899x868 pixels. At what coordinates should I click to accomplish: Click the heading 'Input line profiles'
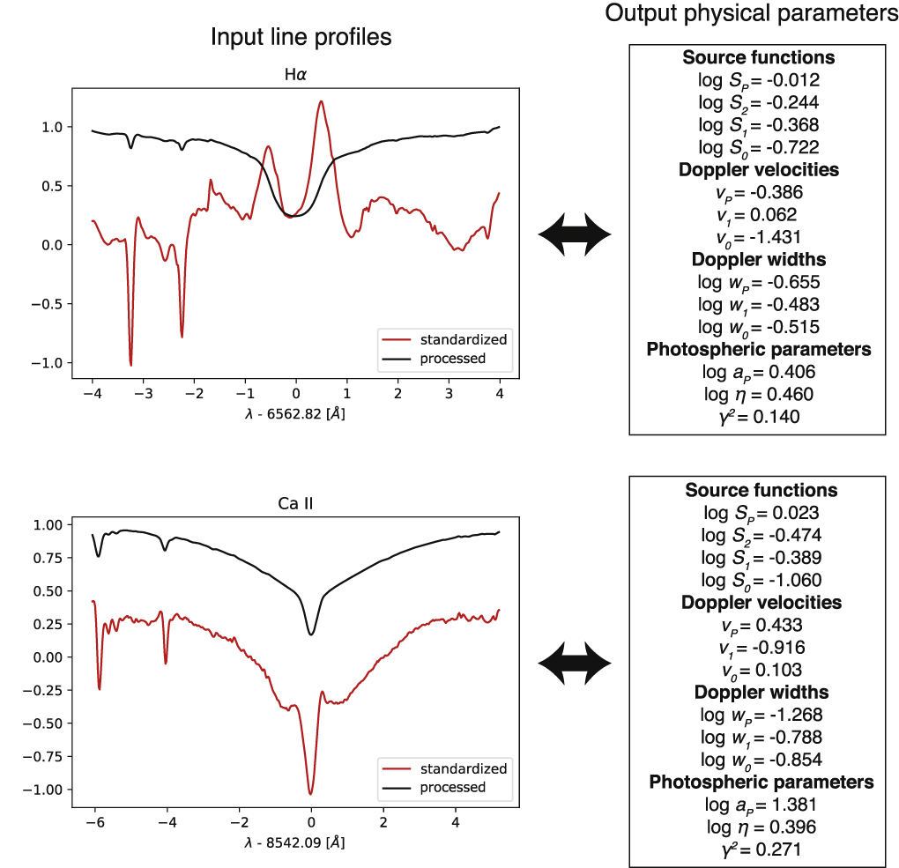tap(301, 38)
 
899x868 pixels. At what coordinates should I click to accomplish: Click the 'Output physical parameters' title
tap(752, 15)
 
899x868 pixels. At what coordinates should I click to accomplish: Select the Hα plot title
tap(295, 74)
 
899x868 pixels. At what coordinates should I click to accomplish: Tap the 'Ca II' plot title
tap(295, 504)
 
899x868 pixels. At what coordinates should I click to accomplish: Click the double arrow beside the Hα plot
tap(575, 234)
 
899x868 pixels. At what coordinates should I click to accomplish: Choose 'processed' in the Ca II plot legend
tap(452, 787)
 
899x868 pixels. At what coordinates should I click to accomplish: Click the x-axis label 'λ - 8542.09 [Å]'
tap(295, 842)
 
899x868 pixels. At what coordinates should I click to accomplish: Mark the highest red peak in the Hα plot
tap(321, 101)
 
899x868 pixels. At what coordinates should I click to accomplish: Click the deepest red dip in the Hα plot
tap(130, 364)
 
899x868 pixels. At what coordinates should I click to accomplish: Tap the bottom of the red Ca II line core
tap(310, 794)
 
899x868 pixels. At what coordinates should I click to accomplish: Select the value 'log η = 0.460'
tap(755, 394)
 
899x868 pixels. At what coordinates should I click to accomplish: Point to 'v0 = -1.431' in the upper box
tap(755, 237)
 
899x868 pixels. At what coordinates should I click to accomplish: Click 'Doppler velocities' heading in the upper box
tap(758, 169)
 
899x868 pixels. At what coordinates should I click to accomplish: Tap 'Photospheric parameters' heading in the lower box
tap(761, 782)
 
